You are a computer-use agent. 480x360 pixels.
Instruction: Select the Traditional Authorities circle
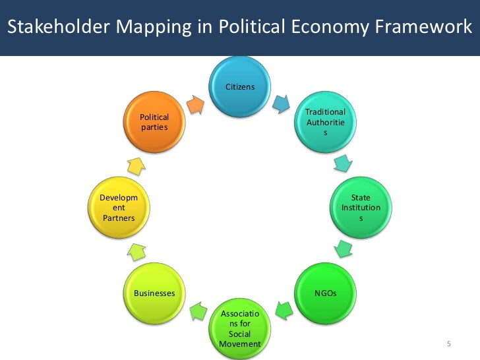pyautogui.click(x=324, y=122)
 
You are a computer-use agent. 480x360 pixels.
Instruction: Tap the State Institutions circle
pyautogui.click(x=360, y=208)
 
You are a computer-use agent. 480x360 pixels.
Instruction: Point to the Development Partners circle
pyautogui.click(x=119, y=208)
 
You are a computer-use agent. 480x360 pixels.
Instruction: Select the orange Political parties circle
pyautogui.click(x=154, y=122)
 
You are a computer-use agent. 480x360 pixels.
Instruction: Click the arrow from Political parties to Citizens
pyautogui.click(x=196, y=104)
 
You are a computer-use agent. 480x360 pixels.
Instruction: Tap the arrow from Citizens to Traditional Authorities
pyautogui.click(x=282, y=103)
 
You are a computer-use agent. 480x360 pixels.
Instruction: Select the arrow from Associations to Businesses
pyautogui.click(x=197, y=309)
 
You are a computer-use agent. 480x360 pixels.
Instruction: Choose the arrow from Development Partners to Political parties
pyautogui.click(x=136, y=165)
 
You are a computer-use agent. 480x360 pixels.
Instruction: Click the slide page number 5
pyautogui.click(x=449, y=344)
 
